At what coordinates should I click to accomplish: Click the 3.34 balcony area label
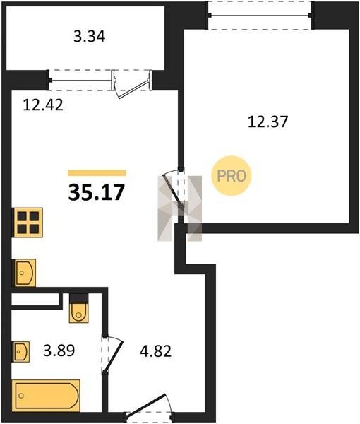(89, 37)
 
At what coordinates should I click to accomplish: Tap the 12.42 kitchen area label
(43, 105)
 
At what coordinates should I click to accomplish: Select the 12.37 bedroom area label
(268, 122)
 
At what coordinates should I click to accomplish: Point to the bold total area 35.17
(97, 192)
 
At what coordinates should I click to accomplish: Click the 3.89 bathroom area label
(59, 351)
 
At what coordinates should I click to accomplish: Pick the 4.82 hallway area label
(155, 351)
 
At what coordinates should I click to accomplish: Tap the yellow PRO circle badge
(232, 176)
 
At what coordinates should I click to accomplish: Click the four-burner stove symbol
(28, 223)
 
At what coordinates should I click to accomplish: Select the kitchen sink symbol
(25, 273)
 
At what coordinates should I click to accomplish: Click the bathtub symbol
(46, 395)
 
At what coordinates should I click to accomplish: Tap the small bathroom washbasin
(21, 351)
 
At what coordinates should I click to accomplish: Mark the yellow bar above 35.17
(97, 173)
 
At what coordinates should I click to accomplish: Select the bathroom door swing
(113, 355)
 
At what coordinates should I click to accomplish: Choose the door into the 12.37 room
(173, 189)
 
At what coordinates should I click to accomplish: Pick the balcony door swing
(132, 84)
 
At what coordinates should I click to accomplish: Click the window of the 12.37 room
(260, 15)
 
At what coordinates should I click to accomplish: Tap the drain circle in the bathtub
(21, 396)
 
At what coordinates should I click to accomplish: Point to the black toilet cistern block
(78, 298)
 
